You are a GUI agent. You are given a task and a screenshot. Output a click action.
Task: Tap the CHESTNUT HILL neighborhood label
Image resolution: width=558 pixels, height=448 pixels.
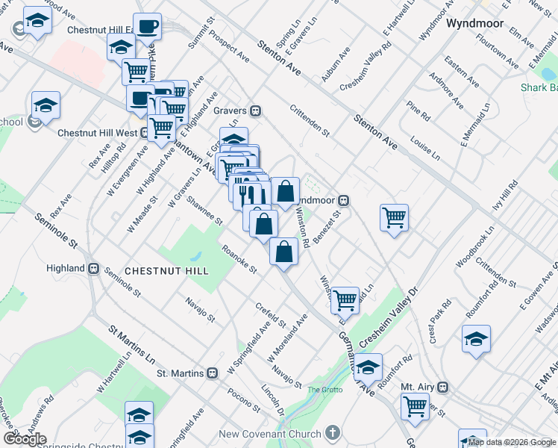[x=166, y=270]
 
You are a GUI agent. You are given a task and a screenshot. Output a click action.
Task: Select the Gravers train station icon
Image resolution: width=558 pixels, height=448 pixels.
[x=255, y=111]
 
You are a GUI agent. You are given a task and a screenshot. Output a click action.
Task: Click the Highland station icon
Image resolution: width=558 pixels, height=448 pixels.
[x=95, y=268]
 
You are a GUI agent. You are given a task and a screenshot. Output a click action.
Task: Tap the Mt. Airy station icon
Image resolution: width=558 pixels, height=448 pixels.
[x=443, y=387]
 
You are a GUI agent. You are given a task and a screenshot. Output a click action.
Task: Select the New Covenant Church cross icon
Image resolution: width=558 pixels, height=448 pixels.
[x=333, y=434]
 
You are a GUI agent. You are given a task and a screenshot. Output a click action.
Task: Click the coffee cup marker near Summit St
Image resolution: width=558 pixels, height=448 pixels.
[x=147, y=27]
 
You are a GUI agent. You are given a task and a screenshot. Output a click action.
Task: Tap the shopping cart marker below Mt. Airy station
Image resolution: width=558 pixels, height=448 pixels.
[x=416, y=406]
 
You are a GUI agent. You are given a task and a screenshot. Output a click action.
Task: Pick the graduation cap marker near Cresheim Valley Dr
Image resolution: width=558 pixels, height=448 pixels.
[x=368, y=367]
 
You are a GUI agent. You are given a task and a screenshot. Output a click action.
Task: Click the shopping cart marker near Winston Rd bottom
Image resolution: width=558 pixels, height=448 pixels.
[x=345, y=299]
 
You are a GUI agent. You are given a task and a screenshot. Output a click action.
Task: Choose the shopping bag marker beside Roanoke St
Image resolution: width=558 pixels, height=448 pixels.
[x=284, y=252]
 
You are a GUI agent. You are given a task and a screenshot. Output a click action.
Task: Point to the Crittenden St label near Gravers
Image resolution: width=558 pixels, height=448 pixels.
[x=310, y=118]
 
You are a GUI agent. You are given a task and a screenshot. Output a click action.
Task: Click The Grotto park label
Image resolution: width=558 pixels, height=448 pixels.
[x=325, y=390]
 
